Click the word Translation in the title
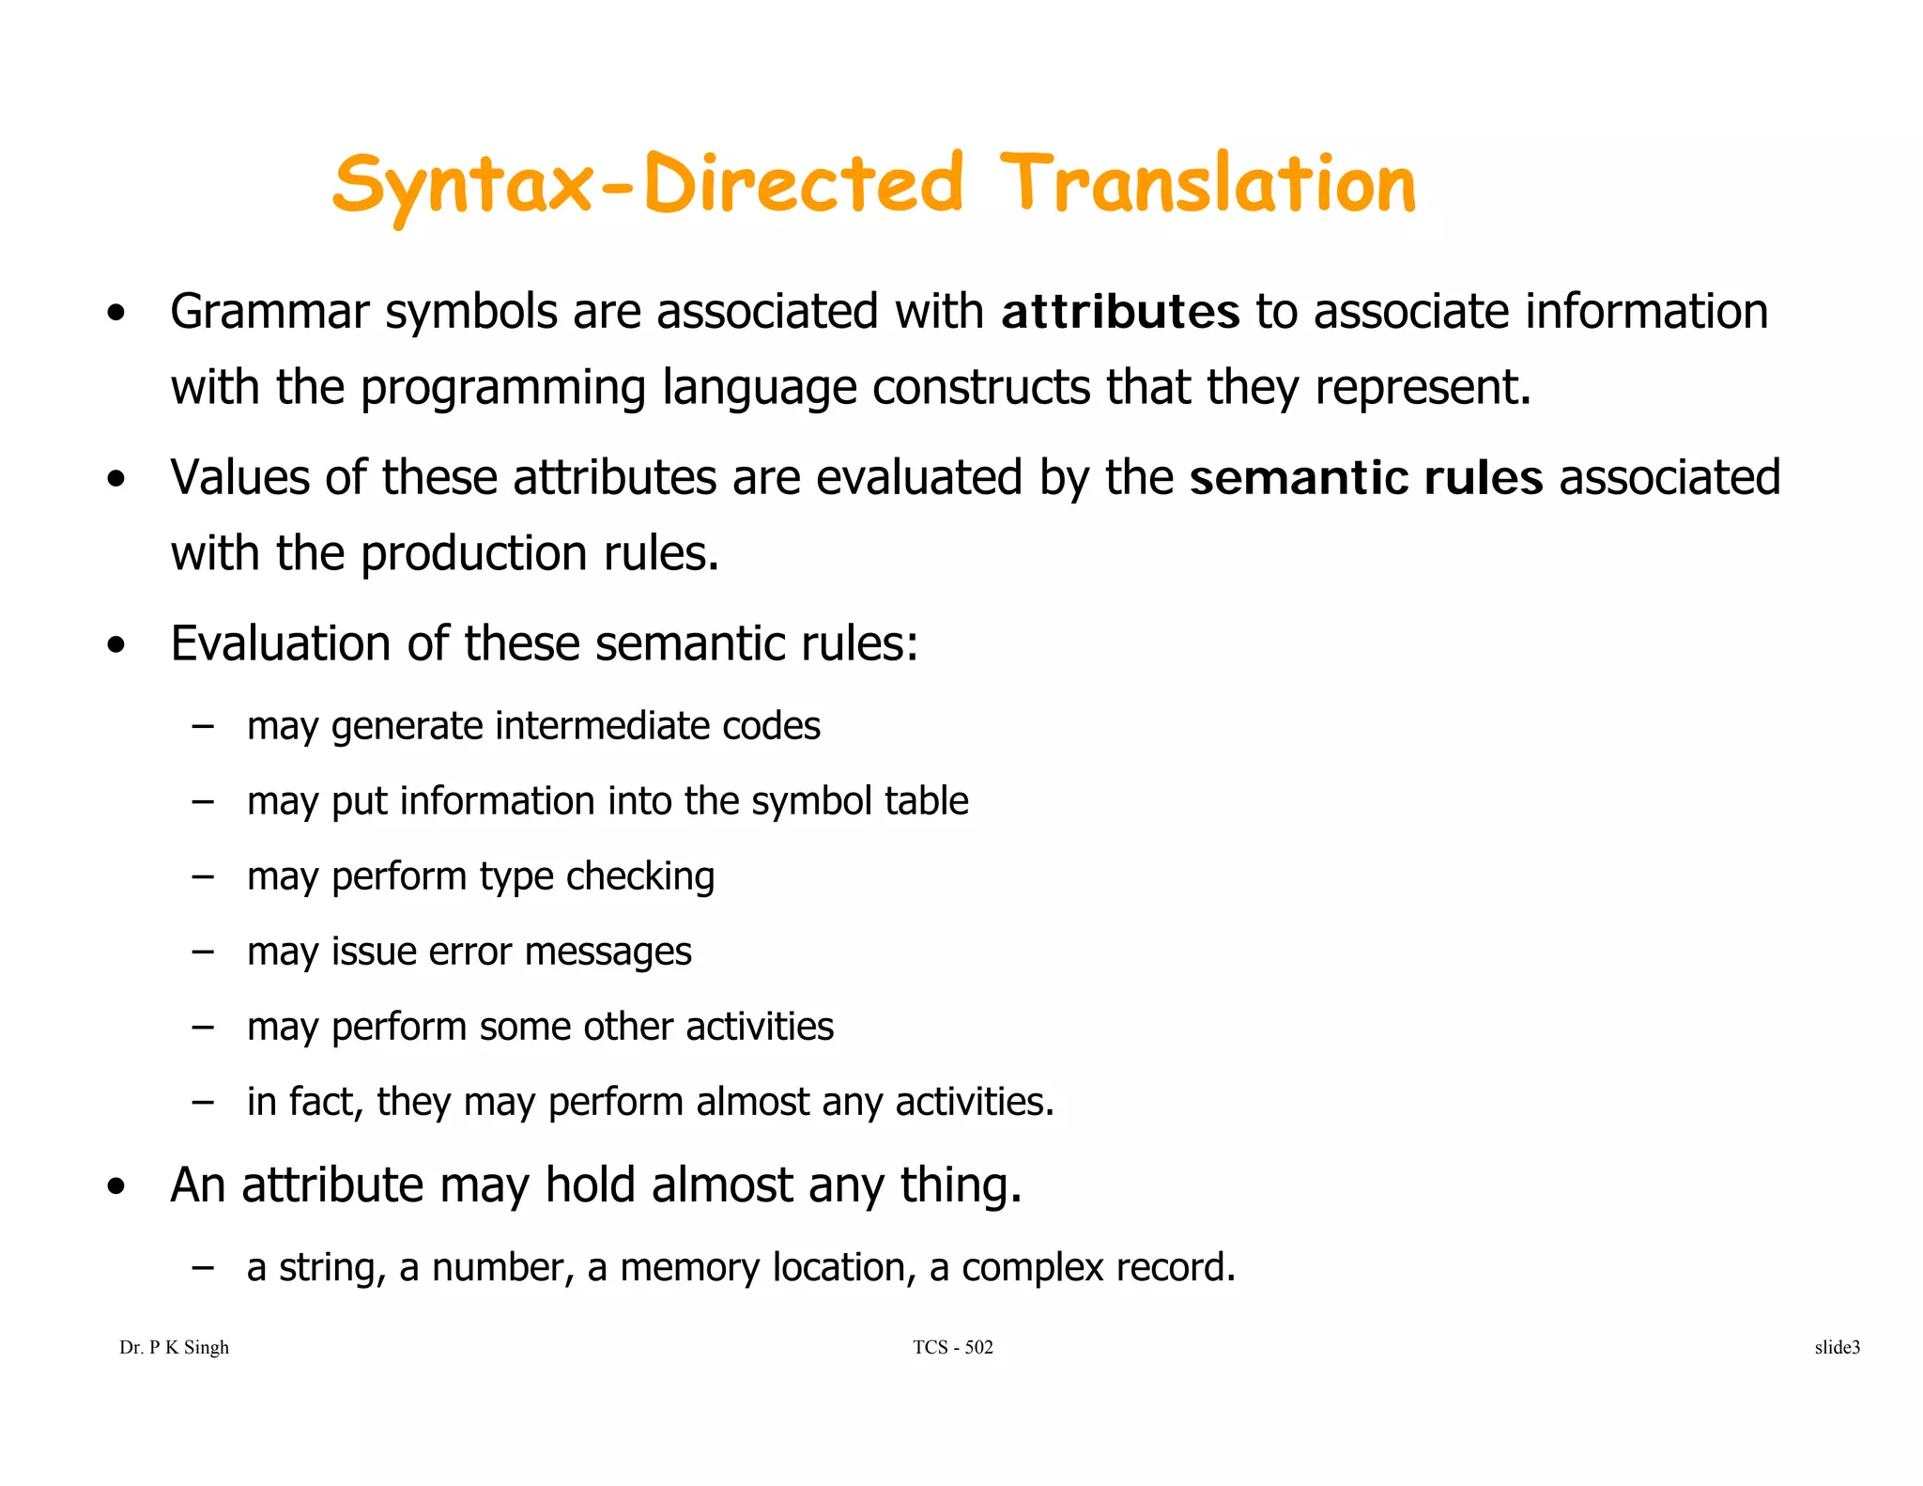[1208, 184]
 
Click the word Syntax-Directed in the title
[648, 186]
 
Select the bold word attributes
[1120, 313]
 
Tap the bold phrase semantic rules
[1366, 478]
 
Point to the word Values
[239, 478]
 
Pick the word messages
[608, 952]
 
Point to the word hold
[592, 1184]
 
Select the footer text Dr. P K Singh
[175, 1348]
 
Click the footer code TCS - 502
[952, 1348]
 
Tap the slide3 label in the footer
[1837, 1348]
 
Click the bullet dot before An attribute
[115, 1187]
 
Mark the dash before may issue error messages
[202, 952]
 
